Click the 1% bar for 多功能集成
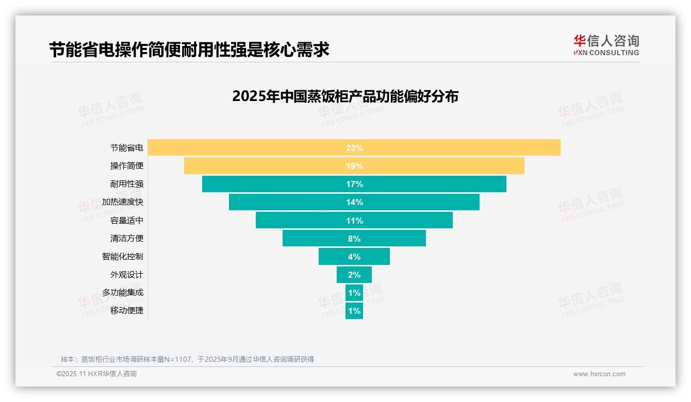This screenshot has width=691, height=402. (354, 293)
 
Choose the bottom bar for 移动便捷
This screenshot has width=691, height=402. (354, 311)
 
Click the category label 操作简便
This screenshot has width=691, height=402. (127, 166)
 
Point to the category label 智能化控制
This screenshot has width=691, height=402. (123, 257)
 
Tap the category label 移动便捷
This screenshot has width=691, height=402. (127, 311)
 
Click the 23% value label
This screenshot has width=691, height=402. (354, 148)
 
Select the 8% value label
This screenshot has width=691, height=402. (354, 239)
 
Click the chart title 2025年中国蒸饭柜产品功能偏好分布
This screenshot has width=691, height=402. (345, 96)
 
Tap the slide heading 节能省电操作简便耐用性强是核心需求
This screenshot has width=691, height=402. (189, 49)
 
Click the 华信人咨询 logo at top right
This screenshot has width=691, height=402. (606, 45)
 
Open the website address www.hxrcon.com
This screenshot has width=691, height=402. (599, 374)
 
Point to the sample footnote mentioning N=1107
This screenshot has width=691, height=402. (187, 359)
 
